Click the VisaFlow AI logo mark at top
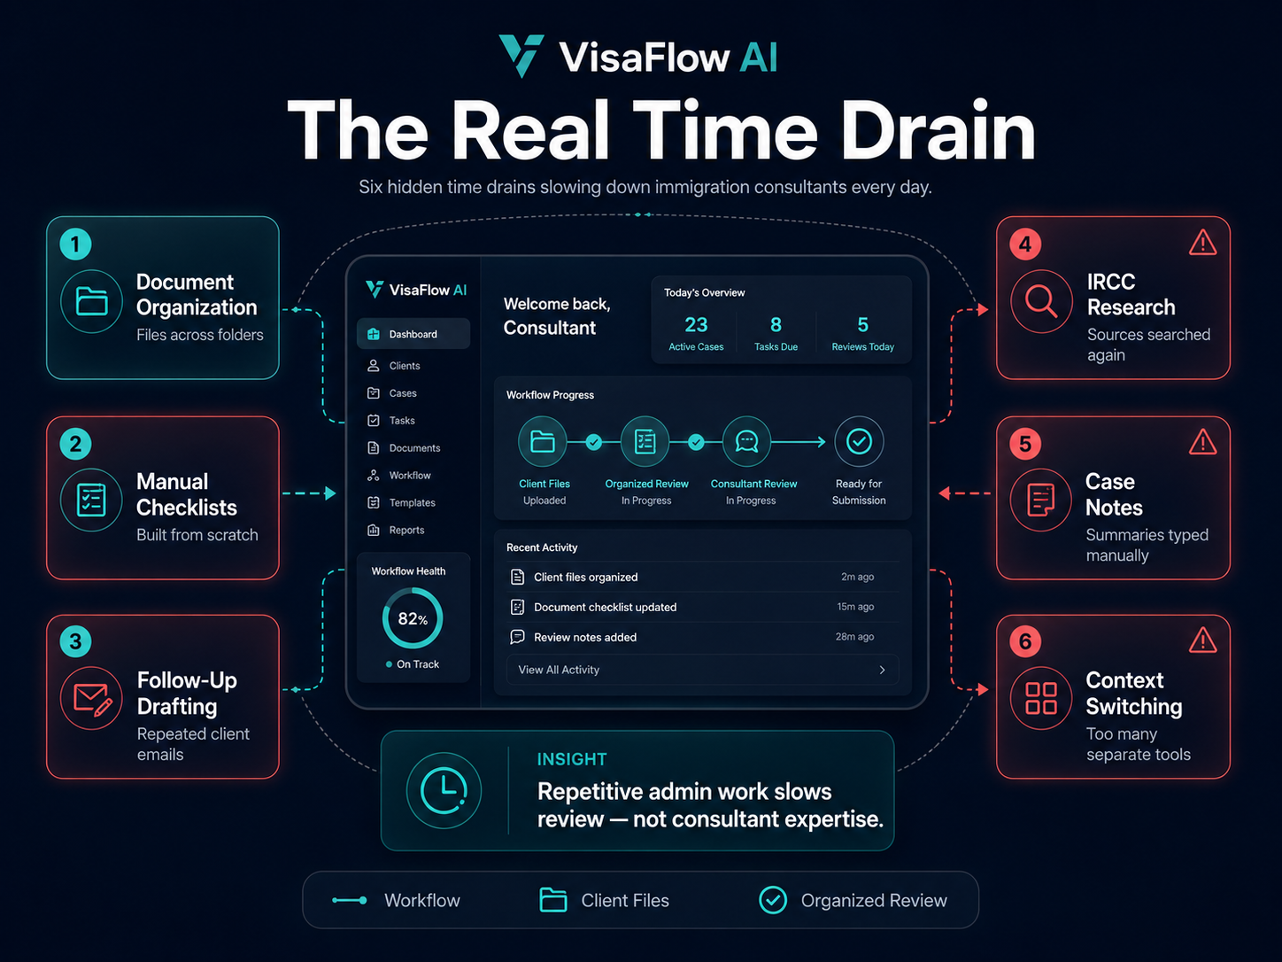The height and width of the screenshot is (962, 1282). click(x=521, y=56)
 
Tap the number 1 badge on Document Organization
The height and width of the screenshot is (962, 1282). click(x=75, y=244)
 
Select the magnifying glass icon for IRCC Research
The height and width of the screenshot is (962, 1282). click(x=1041, y=301)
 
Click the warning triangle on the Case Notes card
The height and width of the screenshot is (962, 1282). click(x=1202, y=442)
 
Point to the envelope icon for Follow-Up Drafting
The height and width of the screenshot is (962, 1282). click(x=92, y=699)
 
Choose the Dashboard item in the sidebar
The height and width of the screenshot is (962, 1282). click(x=413, y=334)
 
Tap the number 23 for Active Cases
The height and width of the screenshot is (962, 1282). click(x=696, y=325)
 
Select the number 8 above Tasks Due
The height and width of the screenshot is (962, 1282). click(x=776, y=325)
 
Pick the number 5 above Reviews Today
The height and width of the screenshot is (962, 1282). click(x=862, y=325)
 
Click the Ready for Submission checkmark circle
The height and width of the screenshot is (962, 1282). click(x=859, y=441)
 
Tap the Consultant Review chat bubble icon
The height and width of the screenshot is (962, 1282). click(x=746, y=441)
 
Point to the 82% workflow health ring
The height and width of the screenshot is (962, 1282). click(x=413, y=592)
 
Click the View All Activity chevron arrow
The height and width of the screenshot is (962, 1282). click(x=882, y=670)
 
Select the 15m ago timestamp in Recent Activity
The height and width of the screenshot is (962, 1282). click(x=855, y=607)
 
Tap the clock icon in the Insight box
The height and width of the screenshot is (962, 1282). click(x=444, y=791)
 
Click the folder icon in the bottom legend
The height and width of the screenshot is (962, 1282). click(x=552, y=899)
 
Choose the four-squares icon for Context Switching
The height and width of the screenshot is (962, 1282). click(x=1041, y=699)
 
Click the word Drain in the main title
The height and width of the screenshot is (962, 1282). click(x=938, y=130)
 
